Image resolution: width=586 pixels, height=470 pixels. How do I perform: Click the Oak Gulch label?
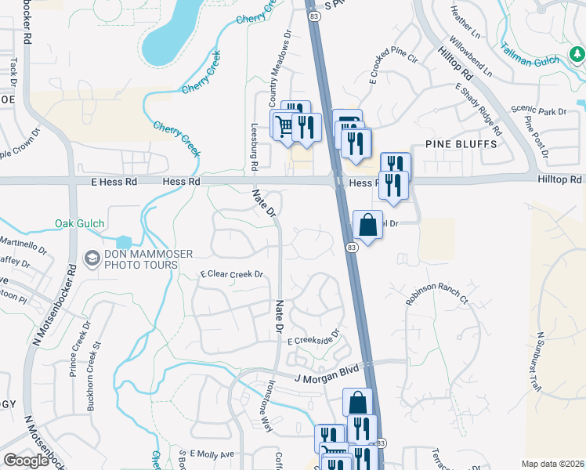pos(80,223)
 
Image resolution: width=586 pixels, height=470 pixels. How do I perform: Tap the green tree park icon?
pos(577,54)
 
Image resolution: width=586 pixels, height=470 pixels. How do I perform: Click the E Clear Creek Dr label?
pos(231,275)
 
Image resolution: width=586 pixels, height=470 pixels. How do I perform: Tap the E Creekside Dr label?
pos(316,341)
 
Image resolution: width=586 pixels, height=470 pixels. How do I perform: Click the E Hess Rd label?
pos(114,181)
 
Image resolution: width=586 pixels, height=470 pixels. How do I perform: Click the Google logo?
pos(27,461)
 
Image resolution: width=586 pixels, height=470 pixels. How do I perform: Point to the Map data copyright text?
pos(553,464)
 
